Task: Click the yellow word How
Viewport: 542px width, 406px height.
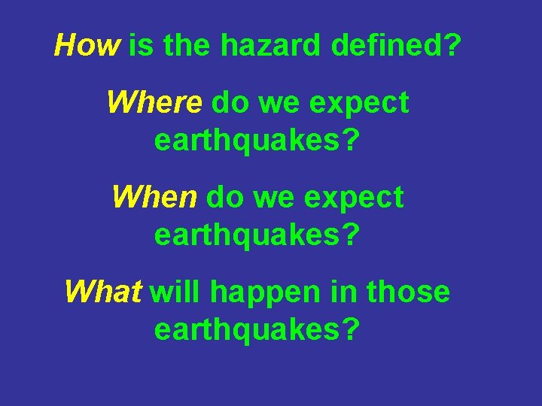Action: [86, 47]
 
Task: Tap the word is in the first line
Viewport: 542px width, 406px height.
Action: [141, 47]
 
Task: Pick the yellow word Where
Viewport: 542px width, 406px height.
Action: [154, 102]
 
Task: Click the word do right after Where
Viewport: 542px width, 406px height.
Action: [230, 102]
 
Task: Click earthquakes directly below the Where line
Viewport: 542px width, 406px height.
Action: [257, 141]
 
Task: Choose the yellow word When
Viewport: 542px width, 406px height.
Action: [154, 198]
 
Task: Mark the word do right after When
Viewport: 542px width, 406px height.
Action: [225, 198]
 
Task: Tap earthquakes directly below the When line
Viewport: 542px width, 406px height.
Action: [257, 236]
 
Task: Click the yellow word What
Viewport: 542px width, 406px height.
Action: [103, 292]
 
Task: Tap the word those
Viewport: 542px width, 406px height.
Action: [408, 292]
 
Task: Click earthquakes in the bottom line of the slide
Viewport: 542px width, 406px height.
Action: [257, 329]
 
